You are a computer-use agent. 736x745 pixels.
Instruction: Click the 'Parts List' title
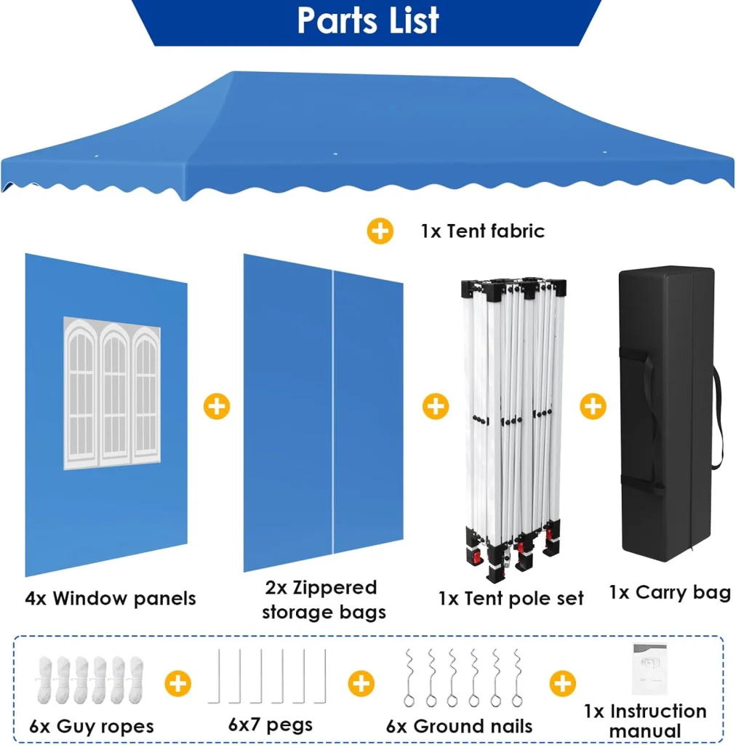[368, 21]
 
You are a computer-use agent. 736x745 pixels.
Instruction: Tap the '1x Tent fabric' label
[482, 231]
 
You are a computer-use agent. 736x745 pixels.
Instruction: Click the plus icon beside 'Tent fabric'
[380, 231]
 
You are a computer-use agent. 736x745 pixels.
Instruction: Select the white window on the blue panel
[112, 393]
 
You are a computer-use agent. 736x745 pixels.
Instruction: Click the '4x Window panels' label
[110, 598]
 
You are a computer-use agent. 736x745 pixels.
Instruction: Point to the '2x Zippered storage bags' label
[324, 599]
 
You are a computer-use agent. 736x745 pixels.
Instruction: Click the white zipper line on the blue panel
[333, 412]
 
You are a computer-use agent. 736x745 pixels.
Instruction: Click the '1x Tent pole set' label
[511, 598]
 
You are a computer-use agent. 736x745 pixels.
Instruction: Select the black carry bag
[670, 413]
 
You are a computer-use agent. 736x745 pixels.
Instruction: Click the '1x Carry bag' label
[670, 592]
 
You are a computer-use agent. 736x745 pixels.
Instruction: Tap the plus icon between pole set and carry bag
[593, 406]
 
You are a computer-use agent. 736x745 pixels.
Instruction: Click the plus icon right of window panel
[217, 406]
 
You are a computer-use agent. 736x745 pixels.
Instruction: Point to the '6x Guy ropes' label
[92, 726]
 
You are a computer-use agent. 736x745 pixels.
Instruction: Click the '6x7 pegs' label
[271, 725]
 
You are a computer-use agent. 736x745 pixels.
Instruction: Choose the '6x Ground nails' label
[459, 726]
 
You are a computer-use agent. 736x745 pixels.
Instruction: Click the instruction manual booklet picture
[649, 669]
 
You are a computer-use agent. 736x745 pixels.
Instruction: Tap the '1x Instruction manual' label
[645, 720]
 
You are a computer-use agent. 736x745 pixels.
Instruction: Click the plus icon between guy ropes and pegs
[178, 684]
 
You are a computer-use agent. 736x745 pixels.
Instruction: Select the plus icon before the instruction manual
[563, 684]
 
